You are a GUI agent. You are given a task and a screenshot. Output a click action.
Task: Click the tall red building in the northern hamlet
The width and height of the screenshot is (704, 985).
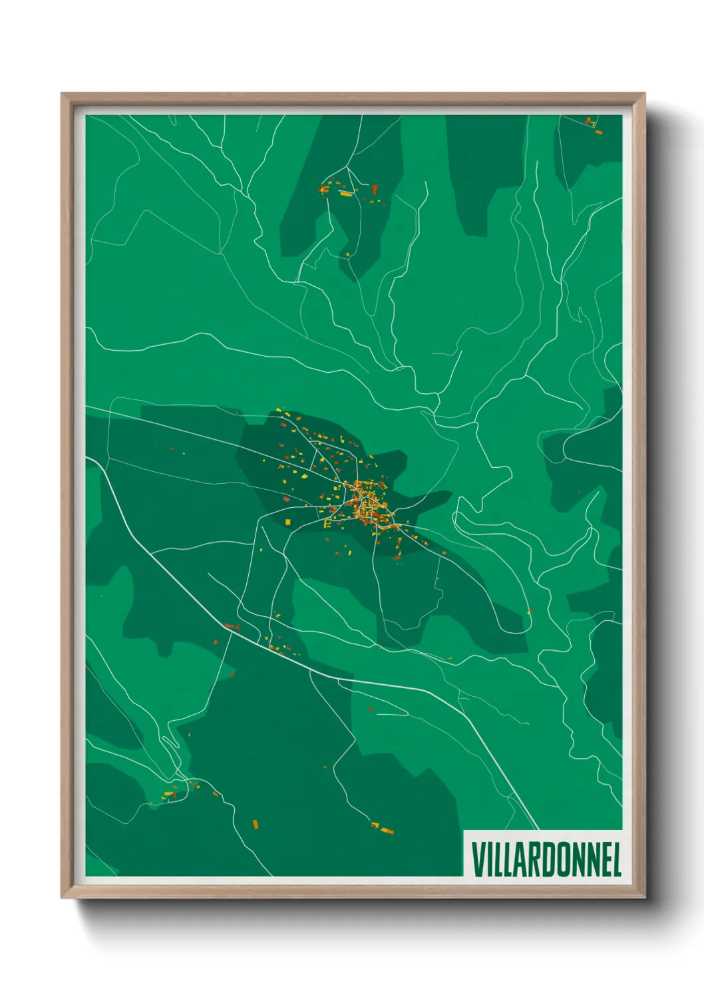(x=375, y=189)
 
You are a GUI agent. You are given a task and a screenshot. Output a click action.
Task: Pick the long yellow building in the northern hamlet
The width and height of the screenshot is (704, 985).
(x=346, y=194)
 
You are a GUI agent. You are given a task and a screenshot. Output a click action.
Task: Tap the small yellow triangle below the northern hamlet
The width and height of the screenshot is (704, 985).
(x=347, y=254)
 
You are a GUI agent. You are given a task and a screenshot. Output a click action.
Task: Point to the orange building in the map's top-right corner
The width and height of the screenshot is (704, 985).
(x=598, y=132)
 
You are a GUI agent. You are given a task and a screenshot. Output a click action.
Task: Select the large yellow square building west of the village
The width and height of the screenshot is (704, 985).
(x=287, y=522)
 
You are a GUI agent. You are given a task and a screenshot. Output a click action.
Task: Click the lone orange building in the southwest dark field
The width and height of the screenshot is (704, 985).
(x=256, y=824)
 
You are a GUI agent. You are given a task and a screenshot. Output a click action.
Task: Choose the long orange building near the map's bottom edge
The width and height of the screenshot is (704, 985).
(x=386, y=830)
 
